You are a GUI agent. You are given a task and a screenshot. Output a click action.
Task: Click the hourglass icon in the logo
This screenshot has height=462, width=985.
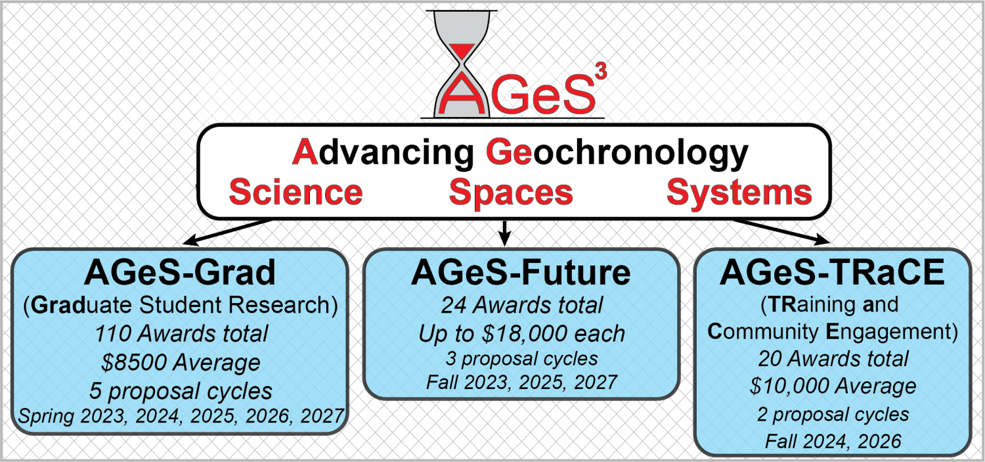pos(461,64)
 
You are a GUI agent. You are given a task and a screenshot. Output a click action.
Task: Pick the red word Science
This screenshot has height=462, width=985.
pos(295,193)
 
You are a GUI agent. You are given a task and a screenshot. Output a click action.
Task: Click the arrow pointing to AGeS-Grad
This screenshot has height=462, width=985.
pos(228,232)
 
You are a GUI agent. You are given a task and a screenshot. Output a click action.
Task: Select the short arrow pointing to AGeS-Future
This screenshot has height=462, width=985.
pos(505,233)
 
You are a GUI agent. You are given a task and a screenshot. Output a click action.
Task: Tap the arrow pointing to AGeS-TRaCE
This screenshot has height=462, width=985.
pos(781,231)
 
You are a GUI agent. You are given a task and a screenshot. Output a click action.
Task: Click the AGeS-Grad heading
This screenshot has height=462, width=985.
pos(180,273)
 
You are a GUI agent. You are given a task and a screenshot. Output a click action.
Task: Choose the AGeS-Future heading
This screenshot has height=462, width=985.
pos(521,273)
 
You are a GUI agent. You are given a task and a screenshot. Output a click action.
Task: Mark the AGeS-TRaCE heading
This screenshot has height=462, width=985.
pos(832,273)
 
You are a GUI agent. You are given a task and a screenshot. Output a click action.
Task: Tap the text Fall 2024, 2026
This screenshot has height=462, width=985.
pos(833,442)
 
